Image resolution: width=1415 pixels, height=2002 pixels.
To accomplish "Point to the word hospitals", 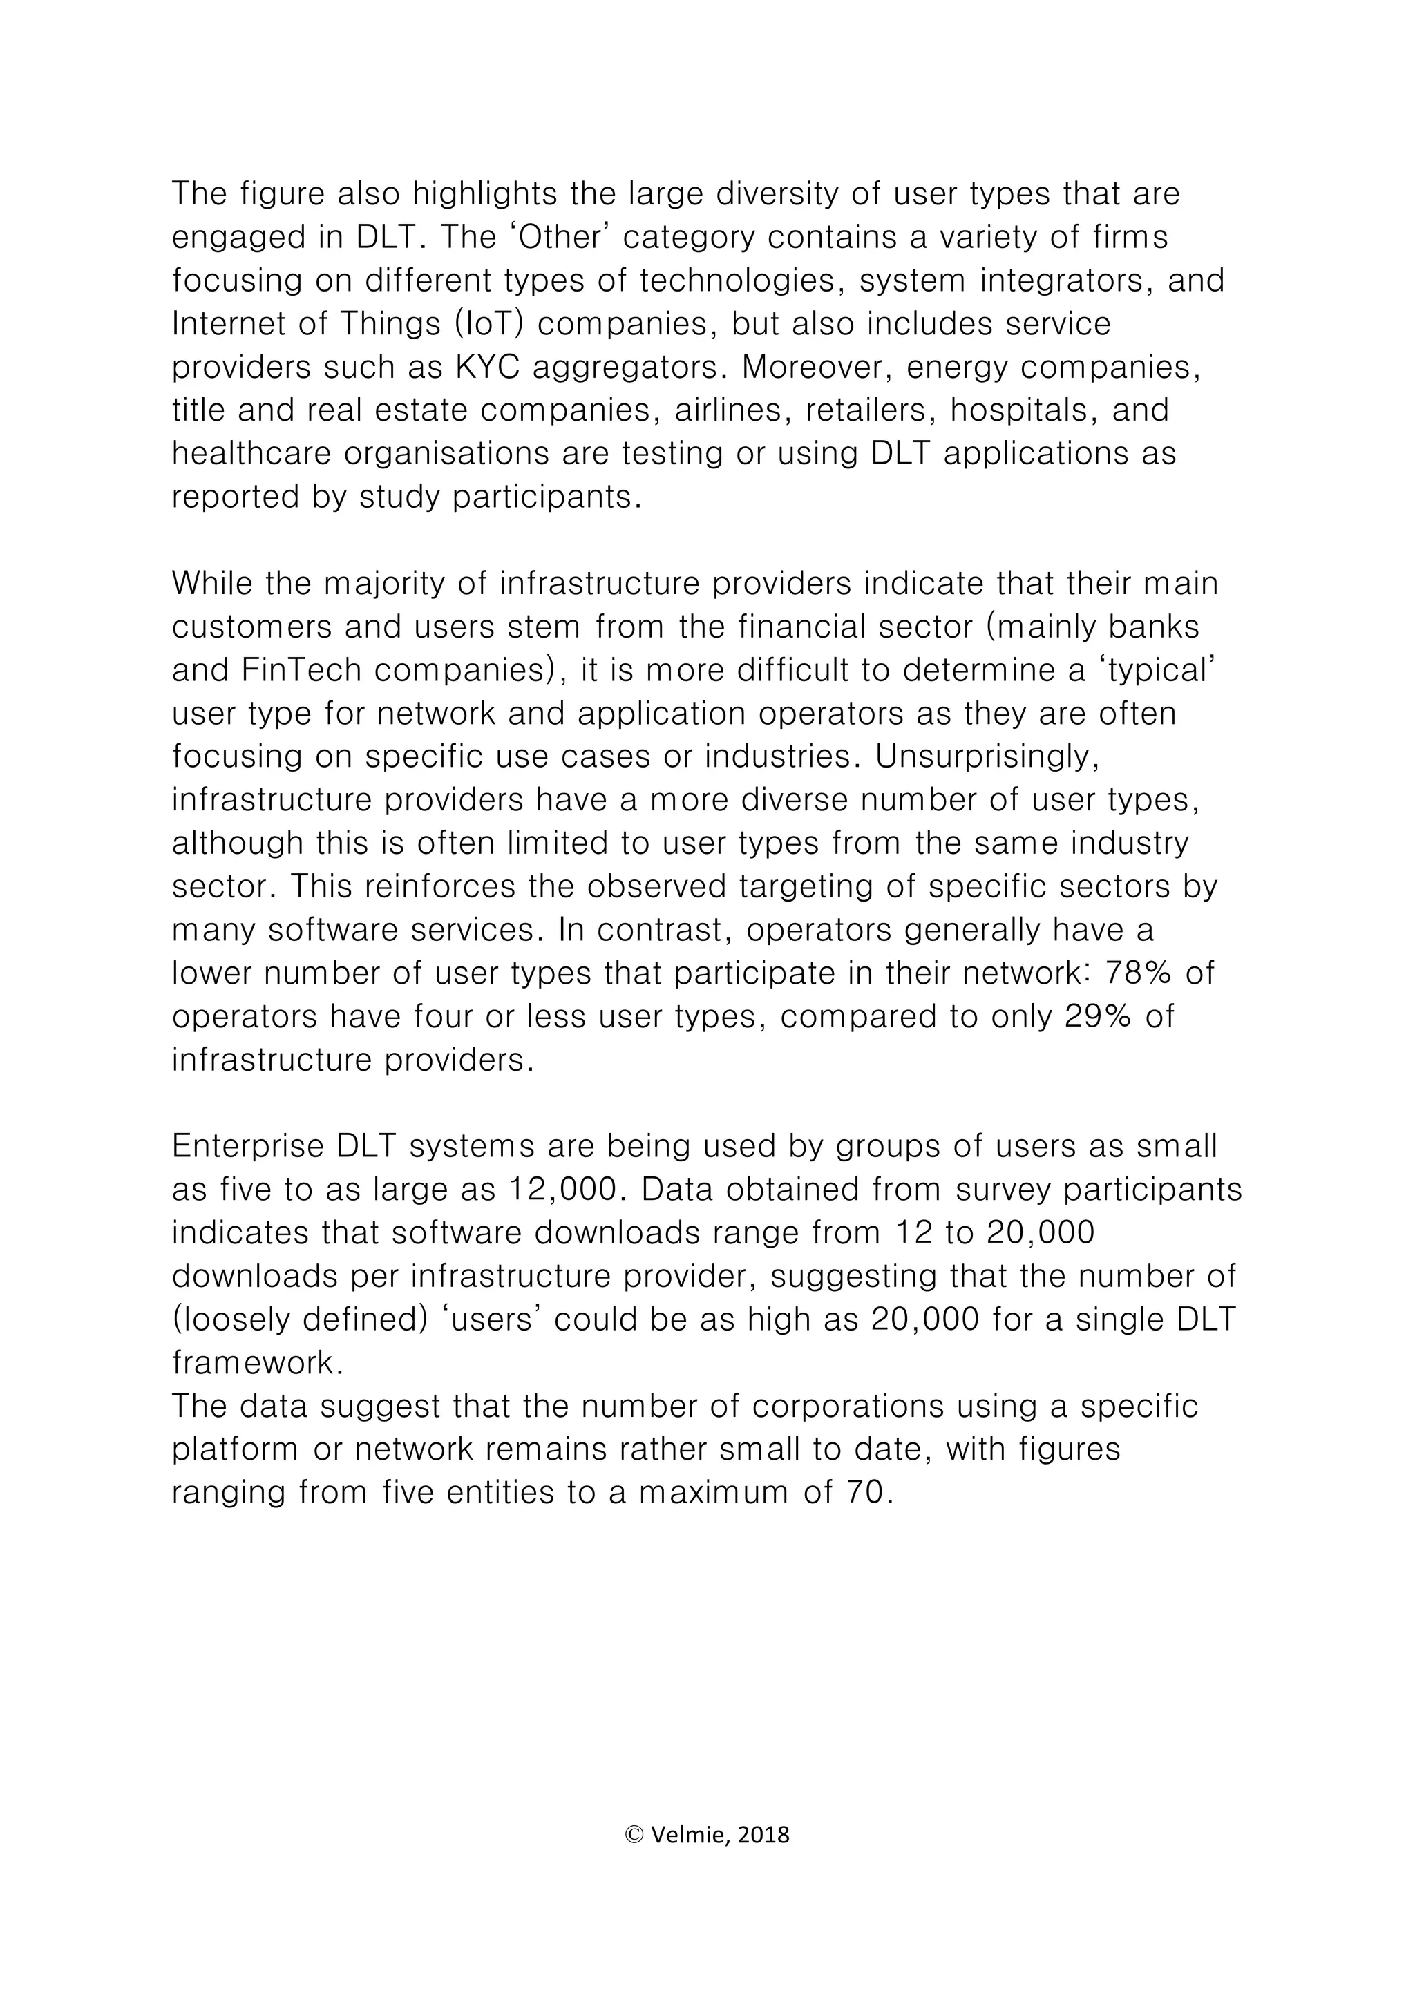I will [x=1023, y=410].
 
